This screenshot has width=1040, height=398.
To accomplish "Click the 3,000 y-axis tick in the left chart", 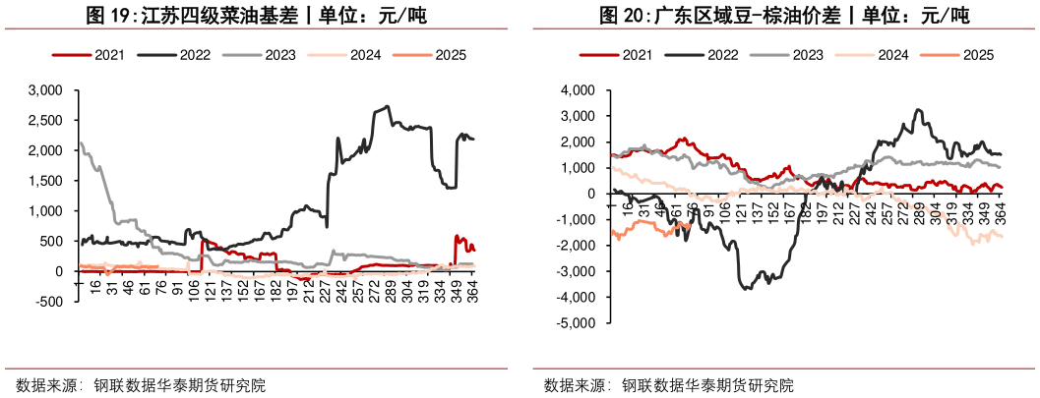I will pos(45,90).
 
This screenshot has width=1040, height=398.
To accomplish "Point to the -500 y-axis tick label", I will pos(50,302).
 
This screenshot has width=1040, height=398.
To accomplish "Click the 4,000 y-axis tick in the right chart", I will pos(577,90).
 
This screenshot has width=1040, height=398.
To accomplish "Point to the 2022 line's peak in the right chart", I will pos(919,110).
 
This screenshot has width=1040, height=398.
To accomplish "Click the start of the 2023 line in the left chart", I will pos(79,143).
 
